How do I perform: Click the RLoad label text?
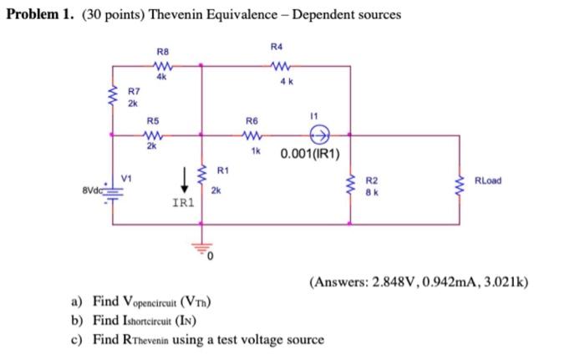(488, 181)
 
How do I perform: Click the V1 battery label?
(127, 178)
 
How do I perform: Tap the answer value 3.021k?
(501, 283)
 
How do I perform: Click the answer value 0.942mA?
(450, 283)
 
